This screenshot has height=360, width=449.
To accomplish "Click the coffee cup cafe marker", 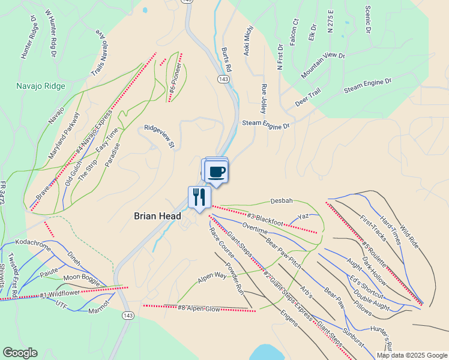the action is point(216,171).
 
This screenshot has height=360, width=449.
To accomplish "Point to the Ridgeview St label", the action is point(158,136).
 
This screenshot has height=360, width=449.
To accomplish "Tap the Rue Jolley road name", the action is point(263,98).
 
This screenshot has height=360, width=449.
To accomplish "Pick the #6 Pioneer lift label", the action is point(174,77).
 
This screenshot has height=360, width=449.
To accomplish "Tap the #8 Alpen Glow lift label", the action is point(199,308).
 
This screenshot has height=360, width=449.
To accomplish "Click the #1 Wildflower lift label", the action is point(61,294).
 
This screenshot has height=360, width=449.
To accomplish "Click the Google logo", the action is point(20,353).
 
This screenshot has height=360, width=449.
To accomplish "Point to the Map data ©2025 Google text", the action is point(412,355).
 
